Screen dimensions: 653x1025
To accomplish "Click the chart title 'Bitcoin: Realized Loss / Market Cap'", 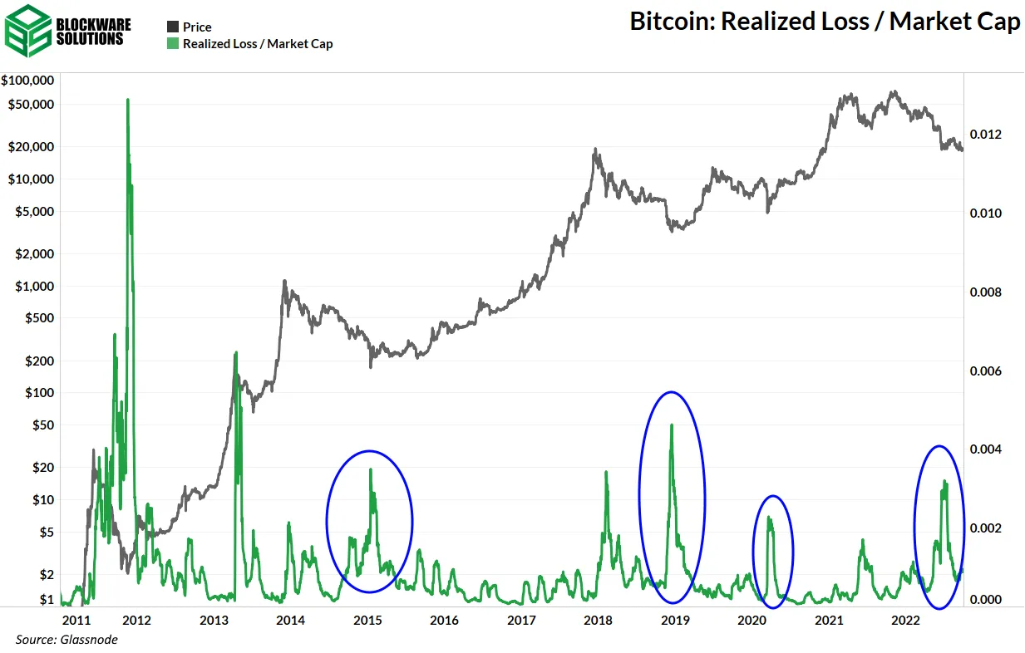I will coord(824,22).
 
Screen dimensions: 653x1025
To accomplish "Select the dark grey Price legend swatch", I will coord(173,27).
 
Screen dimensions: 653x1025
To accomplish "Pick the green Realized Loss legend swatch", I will coord(173,44).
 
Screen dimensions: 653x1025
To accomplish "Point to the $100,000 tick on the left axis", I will coord(28,81).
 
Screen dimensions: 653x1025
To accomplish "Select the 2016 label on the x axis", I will coord(445,620).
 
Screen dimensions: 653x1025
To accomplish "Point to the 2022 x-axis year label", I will coord(904,620).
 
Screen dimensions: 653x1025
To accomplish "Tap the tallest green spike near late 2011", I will coord(127,101).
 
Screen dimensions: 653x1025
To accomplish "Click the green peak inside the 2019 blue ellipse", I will coord(671,425).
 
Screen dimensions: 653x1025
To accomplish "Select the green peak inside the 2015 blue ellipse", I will coord(371,470).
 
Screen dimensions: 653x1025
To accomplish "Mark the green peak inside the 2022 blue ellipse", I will coord(944,482).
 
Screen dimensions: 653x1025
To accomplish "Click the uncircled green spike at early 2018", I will coord(606,473).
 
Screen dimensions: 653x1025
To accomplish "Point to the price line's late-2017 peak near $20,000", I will coord(595,150).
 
